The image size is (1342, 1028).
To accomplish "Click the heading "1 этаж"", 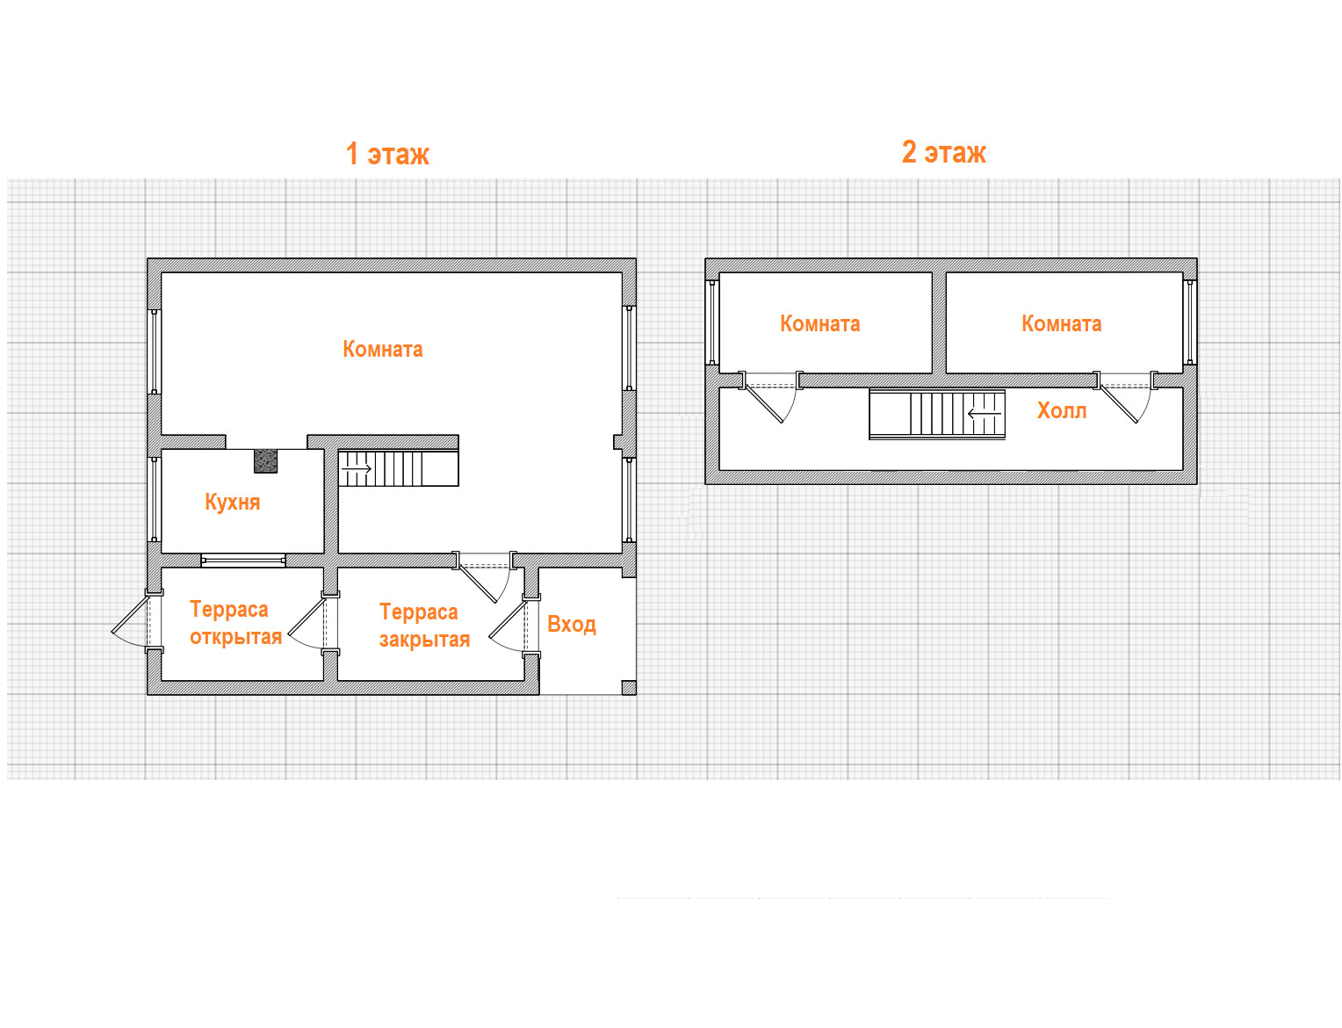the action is pyautogui.click(x=386, y=153).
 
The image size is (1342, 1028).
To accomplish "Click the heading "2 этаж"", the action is pyautogui.click(x=943, y=152).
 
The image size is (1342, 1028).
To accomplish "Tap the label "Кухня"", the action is pyautogui.click(x=232, y=502).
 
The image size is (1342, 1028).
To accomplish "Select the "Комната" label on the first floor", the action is pyautogui.click(x=382, y=349).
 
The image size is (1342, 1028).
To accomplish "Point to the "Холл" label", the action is pyautogui.click(x=1061, y=410).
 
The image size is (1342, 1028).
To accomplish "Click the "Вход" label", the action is pyautogui.click(x=571, y=625).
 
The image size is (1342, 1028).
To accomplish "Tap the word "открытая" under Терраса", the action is pyautogui.click(x=235, y=636).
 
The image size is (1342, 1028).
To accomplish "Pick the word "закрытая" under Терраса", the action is pyautogui.click(x=424, y=639).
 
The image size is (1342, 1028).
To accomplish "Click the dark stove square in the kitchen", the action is pyautogui.click(x=265, y=461).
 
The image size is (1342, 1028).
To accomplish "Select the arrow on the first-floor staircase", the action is pyautogui.click(x=357, y=468).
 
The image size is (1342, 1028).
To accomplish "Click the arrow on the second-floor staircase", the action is pyautogui.click(x=984, y=413).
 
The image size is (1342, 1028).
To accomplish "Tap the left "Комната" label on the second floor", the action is pyautogui.click(x=819, y=323).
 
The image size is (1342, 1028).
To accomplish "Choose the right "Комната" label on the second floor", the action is pyautogui.click(x=1060, y=323).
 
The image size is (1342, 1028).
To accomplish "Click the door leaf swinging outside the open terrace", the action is pyautogui.click(x=130, y=613).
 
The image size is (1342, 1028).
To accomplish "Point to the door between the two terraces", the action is pyautogui.click(x=307, y=617).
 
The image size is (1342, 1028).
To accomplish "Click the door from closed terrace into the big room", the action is pyautogui.click(x=478, y=583).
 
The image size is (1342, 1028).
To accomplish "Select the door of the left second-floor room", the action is pyautogui.click(x=765, y=405).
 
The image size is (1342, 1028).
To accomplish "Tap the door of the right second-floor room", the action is pyautogui.click(x=1119, y=405).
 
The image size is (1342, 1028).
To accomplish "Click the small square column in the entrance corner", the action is pyautogui.click(x=628, y=688).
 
